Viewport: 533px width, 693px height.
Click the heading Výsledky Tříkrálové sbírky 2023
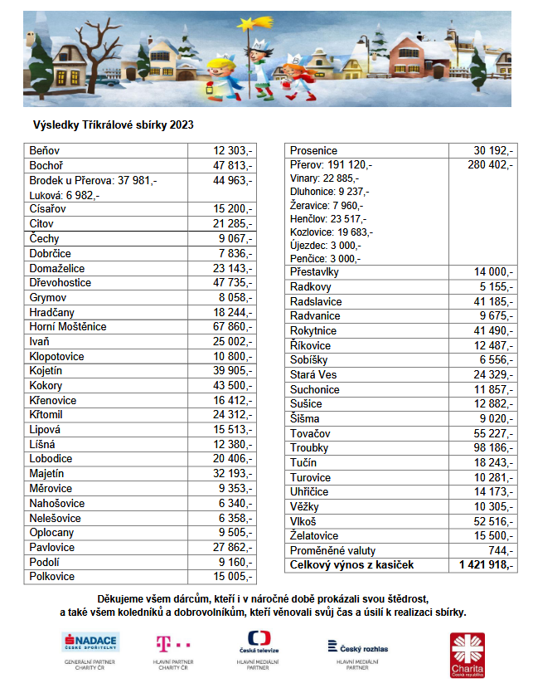point(113,125)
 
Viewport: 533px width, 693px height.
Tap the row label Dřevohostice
point(61,283)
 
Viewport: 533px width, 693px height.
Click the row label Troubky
point(308,448)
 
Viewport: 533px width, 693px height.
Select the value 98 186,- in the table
point(492,448)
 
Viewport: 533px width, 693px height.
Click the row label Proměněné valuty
point(332,551)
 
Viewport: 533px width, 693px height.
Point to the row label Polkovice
point(52,576)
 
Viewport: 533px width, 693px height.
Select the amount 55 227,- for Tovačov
point(492,433)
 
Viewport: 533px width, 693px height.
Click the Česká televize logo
point(259,643)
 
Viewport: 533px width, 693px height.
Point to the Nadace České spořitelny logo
point(90,642)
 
